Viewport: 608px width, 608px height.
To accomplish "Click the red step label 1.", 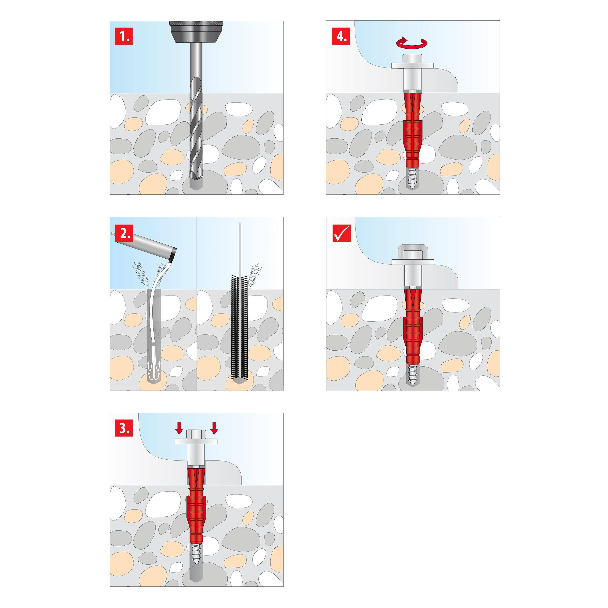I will pyautogui.click(x=124, y=36).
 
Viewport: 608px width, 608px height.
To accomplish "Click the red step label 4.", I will pyautogui.click(x=341, y=36).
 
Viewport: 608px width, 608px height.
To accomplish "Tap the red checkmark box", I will pyautogui.click(x=341, y=233).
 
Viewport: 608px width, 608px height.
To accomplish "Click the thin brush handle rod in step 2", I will pyautogui.click(x=240, y=249).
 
